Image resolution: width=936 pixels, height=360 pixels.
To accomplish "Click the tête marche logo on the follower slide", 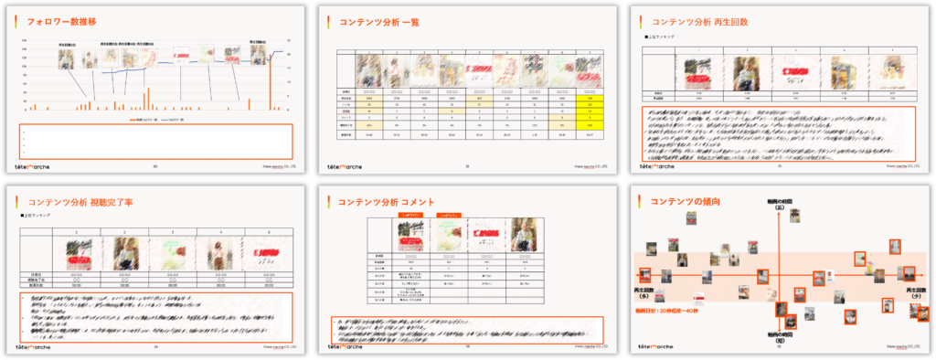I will (37, 167).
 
